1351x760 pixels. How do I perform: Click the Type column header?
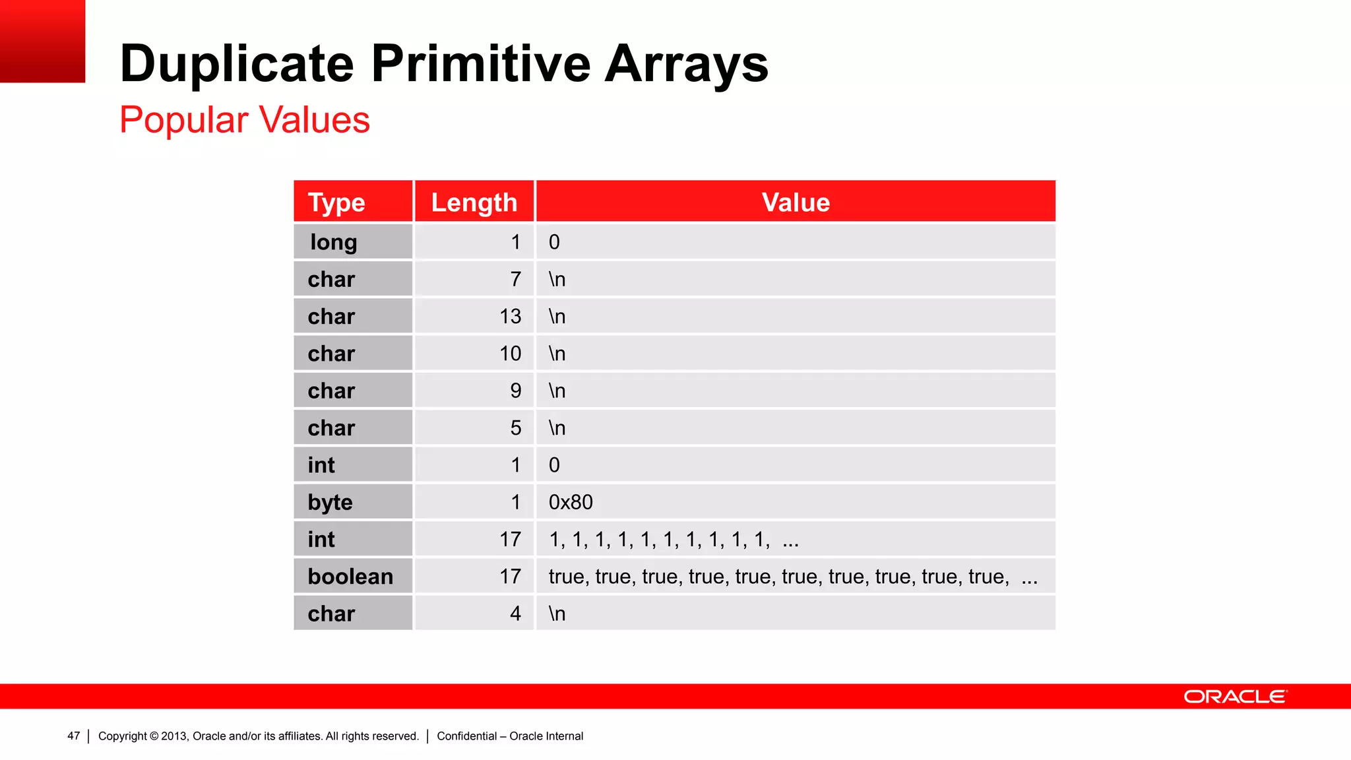click(x=336, y=203)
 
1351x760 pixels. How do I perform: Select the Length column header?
click(x=474, y=203)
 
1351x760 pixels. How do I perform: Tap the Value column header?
click(x=796, y=203)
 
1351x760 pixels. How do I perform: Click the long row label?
click(x=334, y=242)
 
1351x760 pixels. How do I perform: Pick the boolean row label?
click(x=350, y=577)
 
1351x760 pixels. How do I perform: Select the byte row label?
click(x=330, y=502)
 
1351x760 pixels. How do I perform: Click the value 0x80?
click(x=571, y=502)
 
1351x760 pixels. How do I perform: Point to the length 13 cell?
click(x=510, y=317)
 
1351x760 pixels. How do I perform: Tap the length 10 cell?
click(x=510, y=354)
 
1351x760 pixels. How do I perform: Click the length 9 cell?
click(x=515, y=391)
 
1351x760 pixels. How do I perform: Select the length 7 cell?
click(x=515, y=279)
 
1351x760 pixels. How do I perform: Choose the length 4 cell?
click(x=515, y=614)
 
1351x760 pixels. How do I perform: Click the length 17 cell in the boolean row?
click(x=510, y=577)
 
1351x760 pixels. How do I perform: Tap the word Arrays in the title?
click(x=686, y=64)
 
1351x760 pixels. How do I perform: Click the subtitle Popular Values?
click(x=245, y=120)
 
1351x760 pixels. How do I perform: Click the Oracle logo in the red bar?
click(x=1235, y=697)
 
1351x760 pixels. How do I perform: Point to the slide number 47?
click(x=73, y=736)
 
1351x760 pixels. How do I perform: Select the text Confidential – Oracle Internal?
click(x=510, y=736)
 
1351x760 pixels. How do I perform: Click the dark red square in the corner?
click(x=42, y=41)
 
